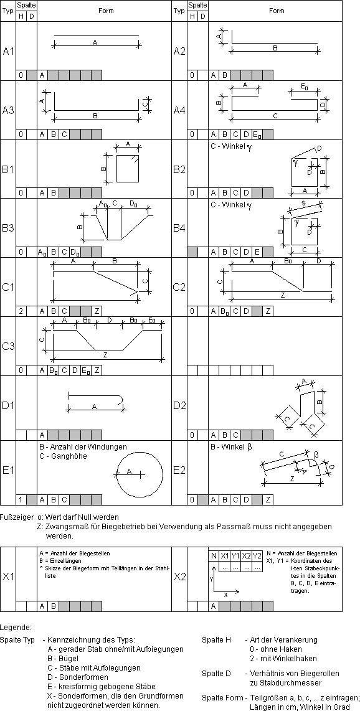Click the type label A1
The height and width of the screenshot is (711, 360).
tap(8, 52)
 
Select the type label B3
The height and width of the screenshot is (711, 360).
tap(8, 228)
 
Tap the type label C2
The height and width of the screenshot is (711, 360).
tap(179, 287)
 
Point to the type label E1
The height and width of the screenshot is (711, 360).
tap(8, 470)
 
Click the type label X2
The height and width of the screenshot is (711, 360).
tap(179, 577)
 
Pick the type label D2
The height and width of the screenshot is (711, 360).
tap(179, 405)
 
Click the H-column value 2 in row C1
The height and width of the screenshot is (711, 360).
tap(21, 311)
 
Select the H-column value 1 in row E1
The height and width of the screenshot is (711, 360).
tap(21, 500)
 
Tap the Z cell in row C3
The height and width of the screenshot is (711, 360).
tap(97, 370)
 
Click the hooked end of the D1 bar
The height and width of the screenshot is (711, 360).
tap(123, 398)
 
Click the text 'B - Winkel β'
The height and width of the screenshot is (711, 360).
tap(231, 447)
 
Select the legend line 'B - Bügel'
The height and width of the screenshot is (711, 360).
tap(62, 658)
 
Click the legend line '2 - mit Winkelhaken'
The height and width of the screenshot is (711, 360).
tap(283, 658)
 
